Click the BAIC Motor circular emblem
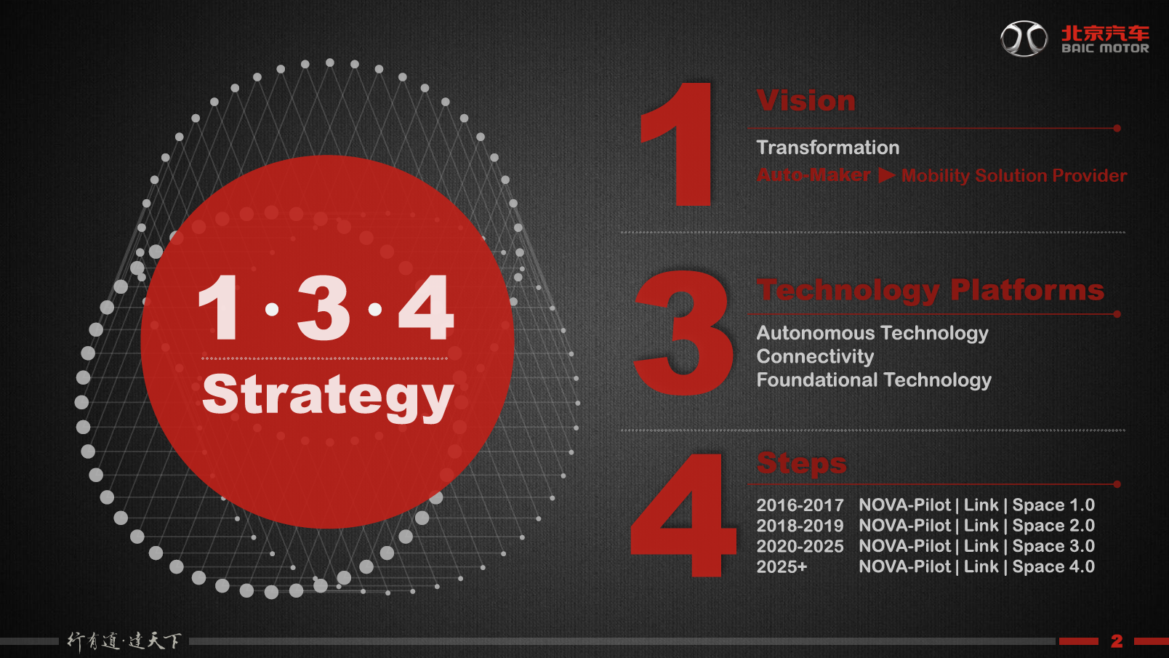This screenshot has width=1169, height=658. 1024,39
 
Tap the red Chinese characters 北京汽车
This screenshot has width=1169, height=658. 1105,33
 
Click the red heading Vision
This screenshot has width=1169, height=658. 806,100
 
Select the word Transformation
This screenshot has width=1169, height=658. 828,148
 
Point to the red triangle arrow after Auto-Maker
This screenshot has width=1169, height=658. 887,175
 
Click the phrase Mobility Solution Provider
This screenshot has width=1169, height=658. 1014,176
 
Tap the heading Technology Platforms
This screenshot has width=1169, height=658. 930,290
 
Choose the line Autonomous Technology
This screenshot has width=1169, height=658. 872,333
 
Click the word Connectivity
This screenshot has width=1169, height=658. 815,356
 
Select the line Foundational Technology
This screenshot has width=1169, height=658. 874,380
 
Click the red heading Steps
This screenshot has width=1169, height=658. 802,463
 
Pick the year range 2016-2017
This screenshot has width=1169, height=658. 800,505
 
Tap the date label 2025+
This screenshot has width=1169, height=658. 782,566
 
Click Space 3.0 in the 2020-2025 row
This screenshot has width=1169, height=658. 1053,546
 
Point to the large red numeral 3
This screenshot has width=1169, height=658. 683,332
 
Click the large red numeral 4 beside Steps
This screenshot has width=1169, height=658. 683,515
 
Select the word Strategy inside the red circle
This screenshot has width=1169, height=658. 327,396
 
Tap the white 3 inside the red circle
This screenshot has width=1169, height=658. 323,308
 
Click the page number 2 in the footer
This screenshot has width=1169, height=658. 1117,641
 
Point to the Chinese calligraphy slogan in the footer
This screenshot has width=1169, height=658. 124,641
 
